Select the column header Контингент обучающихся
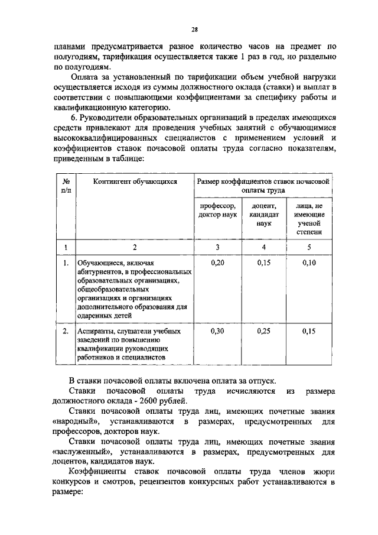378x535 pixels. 135,181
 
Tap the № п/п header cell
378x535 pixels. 67,186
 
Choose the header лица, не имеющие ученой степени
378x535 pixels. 309,219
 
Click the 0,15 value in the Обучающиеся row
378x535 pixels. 263,262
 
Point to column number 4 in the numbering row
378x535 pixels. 263,247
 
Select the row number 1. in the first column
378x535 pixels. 66,262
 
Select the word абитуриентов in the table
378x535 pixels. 101,272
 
